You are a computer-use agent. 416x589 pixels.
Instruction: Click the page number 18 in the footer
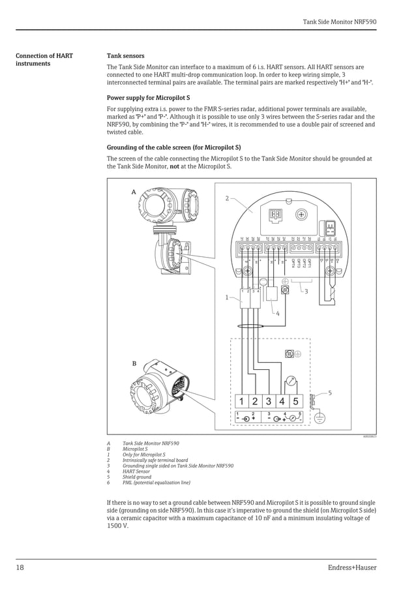[x=20, y=567]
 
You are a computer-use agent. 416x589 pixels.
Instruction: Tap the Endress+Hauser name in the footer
[x=352, y=567]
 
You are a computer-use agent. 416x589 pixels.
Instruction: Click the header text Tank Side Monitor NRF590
[x=340, y=22]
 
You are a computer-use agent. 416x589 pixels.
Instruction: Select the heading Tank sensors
[x=125, y=56]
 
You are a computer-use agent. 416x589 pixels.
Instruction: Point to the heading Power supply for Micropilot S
[x=148, y=98]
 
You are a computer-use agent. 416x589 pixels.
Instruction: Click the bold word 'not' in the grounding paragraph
[x=174, y=167]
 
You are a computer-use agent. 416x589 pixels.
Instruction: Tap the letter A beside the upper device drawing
[x=134, y=192]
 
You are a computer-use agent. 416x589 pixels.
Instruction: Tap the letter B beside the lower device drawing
[x=134, y=363]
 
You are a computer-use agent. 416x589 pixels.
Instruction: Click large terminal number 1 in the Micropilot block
[x=241, y=402]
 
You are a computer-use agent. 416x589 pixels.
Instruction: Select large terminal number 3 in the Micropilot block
[x=268, y=402]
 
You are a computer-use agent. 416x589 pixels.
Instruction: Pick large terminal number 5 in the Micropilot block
[x=295, y=402]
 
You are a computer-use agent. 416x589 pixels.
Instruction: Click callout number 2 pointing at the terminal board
[x=227, y=198]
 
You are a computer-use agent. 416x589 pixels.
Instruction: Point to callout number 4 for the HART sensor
[x=277, y=314]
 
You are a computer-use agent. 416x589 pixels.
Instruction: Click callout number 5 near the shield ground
[x=329, y=393]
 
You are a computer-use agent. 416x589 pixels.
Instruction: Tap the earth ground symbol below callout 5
[x=319, y=418]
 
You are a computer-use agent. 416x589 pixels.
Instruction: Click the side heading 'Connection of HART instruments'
[x=44, y=60]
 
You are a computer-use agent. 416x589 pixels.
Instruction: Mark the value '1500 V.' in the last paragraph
[x=117, y=526]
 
